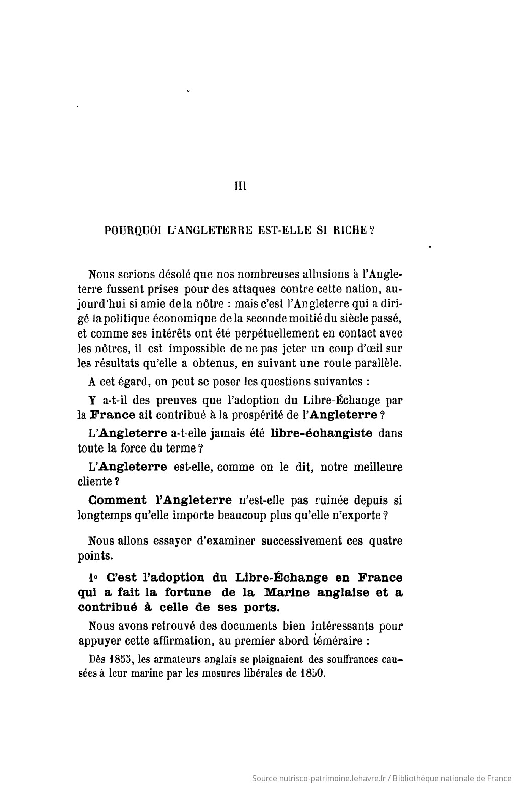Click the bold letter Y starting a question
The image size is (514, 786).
[91, 401]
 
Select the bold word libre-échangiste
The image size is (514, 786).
[322, 433]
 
